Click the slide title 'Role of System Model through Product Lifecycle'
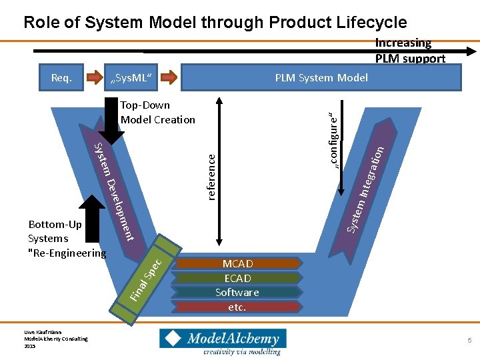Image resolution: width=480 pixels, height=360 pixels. click(215, 22)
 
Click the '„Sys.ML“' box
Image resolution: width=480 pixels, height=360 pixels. click(131, 77)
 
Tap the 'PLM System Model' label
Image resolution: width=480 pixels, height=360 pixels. click(321, 77)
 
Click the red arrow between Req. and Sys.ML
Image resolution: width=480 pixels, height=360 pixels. click(94, 77)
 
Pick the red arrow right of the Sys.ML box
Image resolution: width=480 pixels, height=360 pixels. click(170, 77)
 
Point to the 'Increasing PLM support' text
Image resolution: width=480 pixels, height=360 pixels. click(409, 51)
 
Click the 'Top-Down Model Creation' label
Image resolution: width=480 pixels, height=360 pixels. click(157, 113)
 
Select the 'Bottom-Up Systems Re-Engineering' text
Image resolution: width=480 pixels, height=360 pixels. click(66, 239)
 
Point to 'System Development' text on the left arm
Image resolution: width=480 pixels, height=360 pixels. click(114, 191)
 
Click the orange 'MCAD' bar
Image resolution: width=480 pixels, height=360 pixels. click(237, 263)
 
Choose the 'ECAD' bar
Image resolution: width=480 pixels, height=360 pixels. click(237, 278)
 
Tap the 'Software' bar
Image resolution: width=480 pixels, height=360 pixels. click(237, 292)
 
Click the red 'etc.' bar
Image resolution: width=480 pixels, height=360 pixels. click(237, 307)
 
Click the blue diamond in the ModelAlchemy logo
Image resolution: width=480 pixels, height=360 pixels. click(172, 339)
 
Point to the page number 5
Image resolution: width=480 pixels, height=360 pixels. click(469, 341)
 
